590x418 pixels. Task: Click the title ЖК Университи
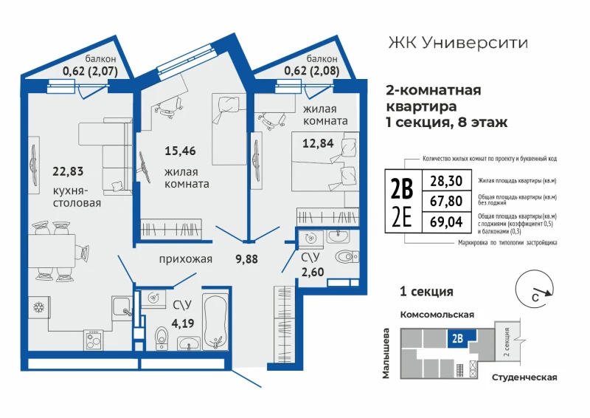[458, 43]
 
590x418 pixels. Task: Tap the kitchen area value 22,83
[68, 171]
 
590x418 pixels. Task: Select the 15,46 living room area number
[180, 151]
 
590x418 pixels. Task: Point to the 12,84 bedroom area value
[318, 143]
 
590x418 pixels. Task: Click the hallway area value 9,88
[246, 259]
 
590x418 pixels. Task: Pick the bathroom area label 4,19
[183, 323]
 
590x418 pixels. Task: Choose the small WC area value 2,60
[312, 271]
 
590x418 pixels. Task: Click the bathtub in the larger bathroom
[215, 322]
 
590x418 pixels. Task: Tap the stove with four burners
[94, 340]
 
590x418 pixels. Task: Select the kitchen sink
[122, 306]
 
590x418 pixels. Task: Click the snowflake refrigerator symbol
[39, 307]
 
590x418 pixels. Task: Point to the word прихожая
[186, 259]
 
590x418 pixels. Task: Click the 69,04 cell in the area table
[446, 222]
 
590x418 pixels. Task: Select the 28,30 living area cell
[446, 181]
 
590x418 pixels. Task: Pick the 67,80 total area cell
[446, 202]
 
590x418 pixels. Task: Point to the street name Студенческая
[524, 377]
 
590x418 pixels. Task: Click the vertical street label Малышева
[386, 353]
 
